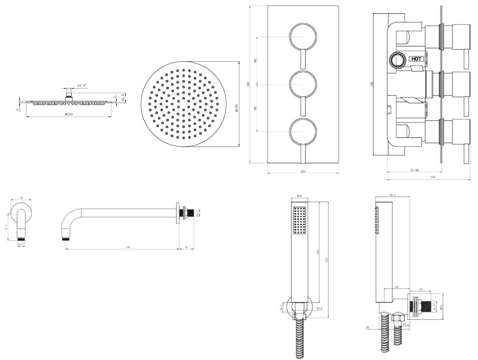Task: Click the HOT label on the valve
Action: coord(416,59)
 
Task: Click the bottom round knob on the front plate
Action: coord(303,132)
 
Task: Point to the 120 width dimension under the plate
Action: coord(303,172)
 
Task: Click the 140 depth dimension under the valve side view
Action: coord(433,178)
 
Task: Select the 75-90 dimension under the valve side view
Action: coord(414,170)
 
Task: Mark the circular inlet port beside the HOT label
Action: coord(396,61)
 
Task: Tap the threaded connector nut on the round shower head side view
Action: coord(69,96)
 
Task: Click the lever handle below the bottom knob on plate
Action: coord(303,154)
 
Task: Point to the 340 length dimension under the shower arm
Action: coord(128,247)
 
